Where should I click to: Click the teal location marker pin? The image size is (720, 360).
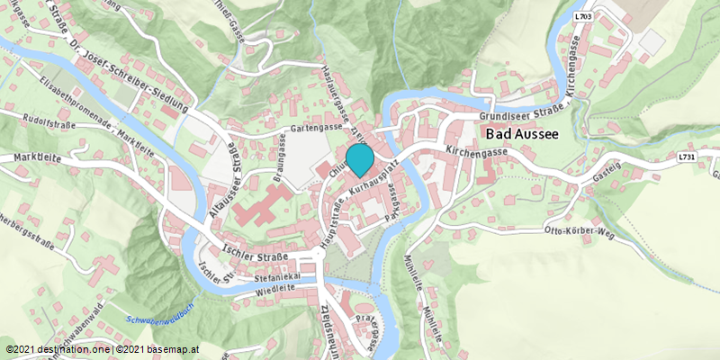pyautogui.click(x=360, y=159)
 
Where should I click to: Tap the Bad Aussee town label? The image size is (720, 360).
pyautogui.click(x=522, y=134)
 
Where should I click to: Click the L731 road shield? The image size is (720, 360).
pyautogui.click(x=688, y=157)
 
